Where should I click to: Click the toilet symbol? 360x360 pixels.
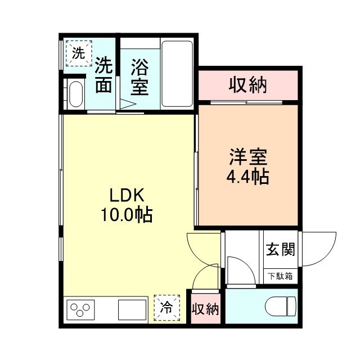point(281,306)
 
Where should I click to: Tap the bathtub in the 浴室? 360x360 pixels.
point(177,74)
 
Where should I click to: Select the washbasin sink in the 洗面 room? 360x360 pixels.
point(76,94)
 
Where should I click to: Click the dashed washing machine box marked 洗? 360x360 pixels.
point(79,53)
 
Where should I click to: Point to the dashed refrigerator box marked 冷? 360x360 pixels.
point(166,308)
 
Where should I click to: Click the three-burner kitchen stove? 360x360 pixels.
point(80,310)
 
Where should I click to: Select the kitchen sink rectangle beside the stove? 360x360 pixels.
point(132,310)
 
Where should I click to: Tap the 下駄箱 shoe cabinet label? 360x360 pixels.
point(281,276)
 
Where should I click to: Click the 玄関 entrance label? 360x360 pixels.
point(280,250)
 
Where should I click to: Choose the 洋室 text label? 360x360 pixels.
point(248,157)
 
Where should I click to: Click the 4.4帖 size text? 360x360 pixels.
point(247,177)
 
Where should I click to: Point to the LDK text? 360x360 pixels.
point(127,195)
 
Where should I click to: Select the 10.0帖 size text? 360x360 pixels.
point(127,215)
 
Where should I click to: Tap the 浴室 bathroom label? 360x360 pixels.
point(139,77)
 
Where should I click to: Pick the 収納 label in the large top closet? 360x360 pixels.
point(247,85)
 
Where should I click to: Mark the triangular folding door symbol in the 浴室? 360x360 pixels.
point(128,103)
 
